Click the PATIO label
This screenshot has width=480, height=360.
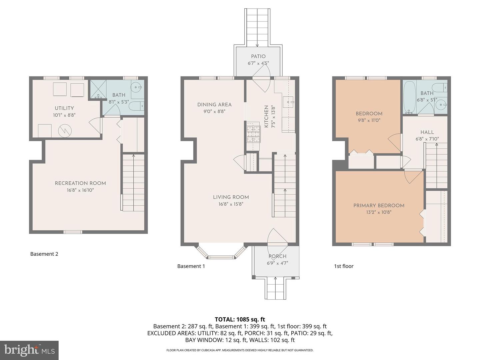point(258,56)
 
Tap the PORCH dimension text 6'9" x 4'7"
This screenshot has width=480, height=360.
point(277,263)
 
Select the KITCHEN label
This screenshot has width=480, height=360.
point(266,116)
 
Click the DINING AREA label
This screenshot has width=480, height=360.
point(214,104)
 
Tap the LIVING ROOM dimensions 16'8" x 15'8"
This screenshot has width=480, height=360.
point(231,204)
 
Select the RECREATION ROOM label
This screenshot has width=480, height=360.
point(80,183)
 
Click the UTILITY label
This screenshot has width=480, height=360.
point(64,108)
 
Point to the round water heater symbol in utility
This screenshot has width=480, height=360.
point(65,131)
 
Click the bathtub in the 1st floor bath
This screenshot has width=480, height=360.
point(409,96)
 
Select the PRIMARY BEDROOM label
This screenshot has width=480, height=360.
point(379,205)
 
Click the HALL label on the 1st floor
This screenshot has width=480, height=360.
point(427,132)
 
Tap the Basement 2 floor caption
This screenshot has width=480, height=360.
point(44,254)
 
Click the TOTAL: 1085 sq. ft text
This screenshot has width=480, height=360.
point(240,319)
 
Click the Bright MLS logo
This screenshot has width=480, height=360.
point(29,350)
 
